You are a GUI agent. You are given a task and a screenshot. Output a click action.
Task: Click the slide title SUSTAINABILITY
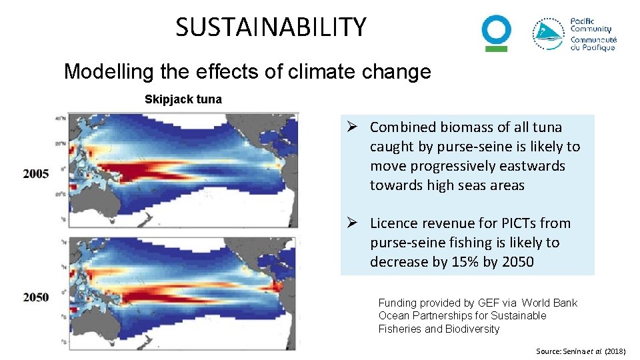coord(271,27)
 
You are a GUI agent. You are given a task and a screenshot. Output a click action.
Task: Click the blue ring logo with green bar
coord(497,33)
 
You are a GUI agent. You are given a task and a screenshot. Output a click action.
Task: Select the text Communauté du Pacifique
coord(593,43)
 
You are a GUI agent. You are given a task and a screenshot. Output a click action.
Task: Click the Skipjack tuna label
coord(183,99)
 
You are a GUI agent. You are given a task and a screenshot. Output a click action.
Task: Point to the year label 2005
coord(36,174)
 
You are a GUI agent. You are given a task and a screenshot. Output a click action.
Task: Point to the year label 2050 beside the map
coord(36,297)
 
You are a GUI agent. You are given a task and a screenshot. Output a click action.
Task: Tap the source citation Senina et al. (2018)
coord(581,351)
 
